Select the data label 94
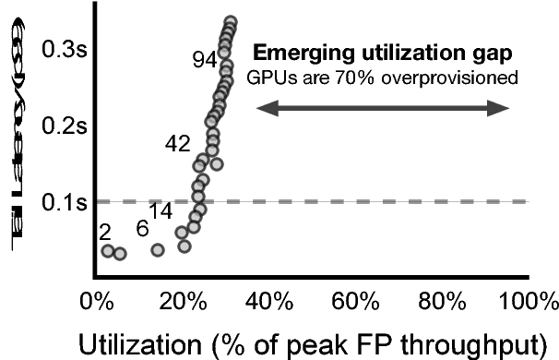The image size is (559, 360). [x=204, y=60]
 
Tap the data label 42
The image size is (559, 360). [x=177, y=142]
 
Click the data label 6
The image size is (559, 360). [x=142, y=228]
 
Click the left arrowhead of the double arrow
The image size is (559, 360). [x=261, y=110]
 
